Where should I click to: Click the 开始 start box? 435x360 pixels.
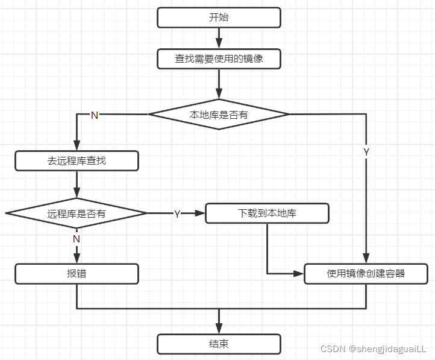pyautogui.click(x=219, y=17)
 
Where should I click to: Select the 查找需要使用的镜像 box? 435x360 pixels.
pyautogui.click(x=219, y=59)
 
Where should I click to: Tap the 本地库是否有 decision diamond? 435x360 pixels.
pyautogui.click(x=219, y=115)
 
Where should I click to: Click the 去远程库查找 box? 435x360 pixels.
pyautogui.click(x=77, y=161)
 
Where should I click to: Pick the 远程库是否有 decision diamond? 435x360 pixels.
pyautogui.click(x=77, y=213)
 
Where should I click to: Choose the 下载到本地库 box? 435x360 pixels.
pyautogui.click(x=267, y=213)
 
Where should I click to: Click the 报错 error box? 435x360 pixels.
pyautogui.click(x=77, y=274)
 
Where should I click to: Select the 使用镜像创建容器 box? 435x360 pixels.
pyautogui.click(x=366, y=274)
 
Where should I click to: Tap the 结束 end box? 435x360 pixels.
pyautogui.click(x=219, y=344)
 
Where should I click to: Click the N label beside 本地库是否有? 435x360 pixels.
pyautogui.click(x=94, y=115)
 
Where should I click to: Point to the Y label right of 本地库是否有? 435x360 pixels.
pyautogui.click(x=366, y=152)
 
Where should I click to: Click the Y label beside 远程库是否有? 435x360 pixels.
pyautogui.click(x=177, y=213)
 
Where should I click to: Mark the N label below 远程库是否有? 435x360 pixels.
pyautogui.click(x=77, y=239)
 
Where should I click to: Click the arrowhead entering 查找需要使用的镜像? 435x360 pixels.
pyautogui.click(x=219, y=45)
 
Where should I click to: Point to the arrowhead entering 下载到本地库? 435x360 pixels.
pyautogui.click(x=201, y=213)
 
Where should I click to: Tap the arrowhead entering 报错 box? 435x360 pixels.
pyautogui.click(x=77, y=259)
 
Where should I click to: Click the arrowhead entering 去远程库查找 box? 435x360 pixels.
pyautogui.click(x=77, y=147)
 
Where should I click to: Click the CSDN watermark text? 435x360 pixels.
pyautogui.click(x=373, y=349)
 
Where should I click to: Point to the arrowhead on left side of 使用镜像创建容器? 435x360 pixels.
pyautogui.click(x=299, y=274)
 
